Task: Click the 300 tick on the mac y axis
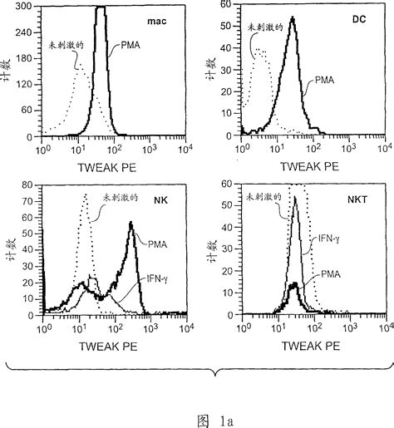point(27,6)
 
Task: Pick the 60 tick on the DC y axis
point(224,6)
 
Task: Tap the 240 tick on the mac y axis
point(27,32)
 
